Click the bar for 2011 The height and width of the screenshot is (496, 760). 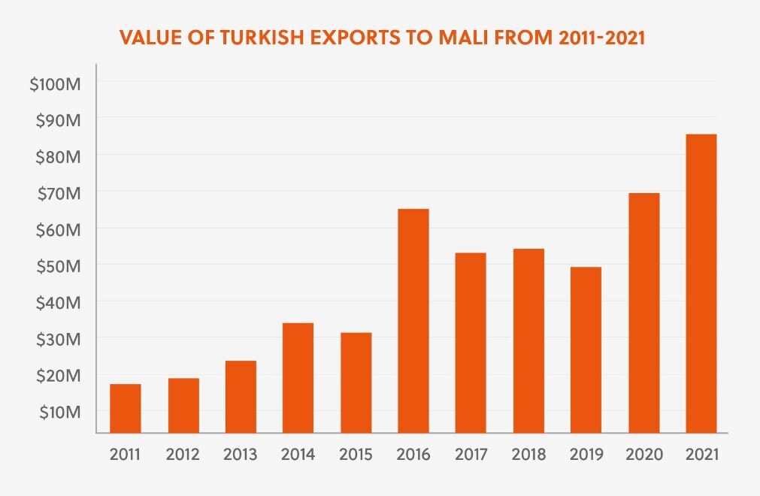coord(125,408)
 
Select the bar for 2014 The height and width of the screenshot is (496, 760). coord(298,377)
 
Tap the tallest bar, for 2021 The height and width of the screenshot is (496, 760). coord(701,283)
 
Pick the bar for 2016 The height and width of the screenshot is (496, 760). coord(413,321)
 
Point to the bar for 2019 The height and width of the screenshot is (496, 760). coord(586,349)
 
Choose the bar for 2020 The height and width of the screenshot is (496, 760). coord(643,313)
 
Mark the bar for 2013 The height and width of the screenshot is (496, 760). coord(241,397)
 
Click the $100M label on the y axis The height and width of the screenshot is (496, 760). coord(55,84)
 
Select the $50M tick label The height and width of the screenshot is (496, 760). coord(58,266)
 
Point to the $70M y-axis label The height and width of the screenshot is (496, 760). coord(58,193)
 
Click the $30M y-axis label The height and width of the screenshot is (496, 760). coord(58,339)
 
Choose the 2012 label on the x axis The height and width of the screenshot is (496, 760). coord(182,455)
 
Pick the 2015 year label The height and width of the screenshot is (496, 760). coord(355,455)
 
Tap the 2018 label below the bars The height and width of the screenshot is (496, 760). coord(528,455)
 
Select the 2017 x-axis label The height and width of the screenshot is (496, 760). coord(471,455)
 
